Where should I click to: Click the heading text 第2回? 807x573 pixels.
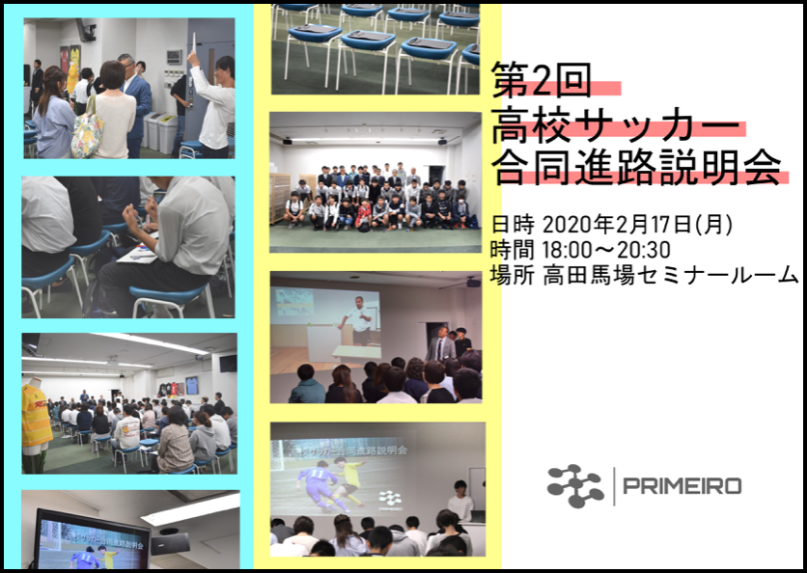point(541,80)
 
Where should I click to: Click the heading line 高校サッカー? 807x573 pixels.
point(615,124)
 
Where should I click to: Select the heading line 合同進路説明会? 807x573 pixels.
point(637,167)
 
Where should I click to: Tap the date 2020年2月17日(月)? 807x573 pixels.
point(638,225)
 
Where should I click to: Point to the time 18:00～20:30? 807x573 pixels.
point(606,250)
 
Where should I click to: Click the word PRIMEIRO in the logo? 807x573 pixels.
point(682,486)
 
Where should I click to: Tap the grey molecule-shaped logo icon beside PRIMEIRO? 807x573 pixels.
point(575,486)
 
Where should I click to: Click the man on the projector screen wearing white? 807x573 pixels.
point(359,319)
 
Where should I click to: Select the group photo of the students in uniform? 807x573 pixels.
point(376,182)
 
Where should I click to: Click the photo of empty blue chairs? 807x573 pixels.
point(376,49)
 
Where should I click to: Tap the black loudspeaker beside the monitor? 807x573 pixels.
point(170,544)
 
